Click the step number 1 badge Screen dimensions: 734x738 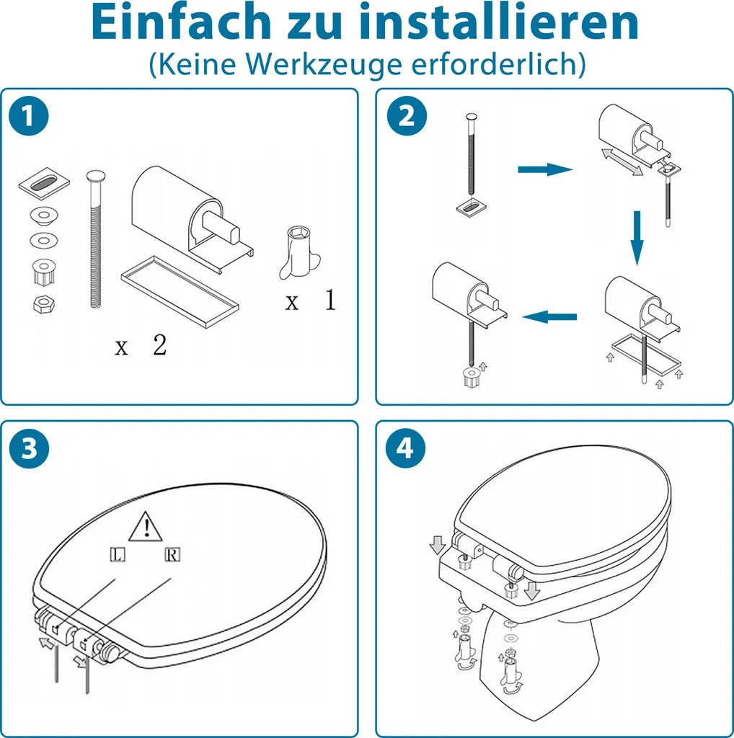coord(29,116)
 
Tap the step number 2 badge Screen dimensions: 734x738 coord(407,116)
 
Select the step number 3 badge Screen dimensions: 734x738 coord(29,448)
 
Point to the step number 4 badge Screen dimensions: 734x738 coord(405,448)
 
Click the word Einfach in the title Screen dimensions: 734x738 coord(181,22)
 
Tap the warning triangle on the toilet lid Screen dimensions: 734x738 coord(146,527)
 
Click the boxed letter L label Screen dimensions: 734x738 coord(118,554)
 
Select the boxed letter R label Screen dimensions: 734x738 coord(173,554)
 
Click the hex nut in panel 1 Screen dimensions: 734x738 coord(44,304)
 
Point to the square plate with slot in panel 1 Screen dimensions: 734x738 coord(44,182)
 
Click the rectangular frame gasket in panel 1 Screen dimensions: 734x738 coord(180,292)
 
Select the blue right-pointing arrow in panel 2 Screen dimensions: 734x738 coord(545,169)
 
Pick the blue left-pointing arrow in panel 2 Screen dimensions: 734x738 coord(549,316)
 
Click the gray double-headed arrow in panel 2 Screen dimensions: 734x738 coord(622,162)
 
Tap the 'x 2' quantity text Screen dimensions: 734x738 coord(141,345)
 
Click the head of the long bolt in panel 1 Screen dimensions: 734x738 coord(96,177)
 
